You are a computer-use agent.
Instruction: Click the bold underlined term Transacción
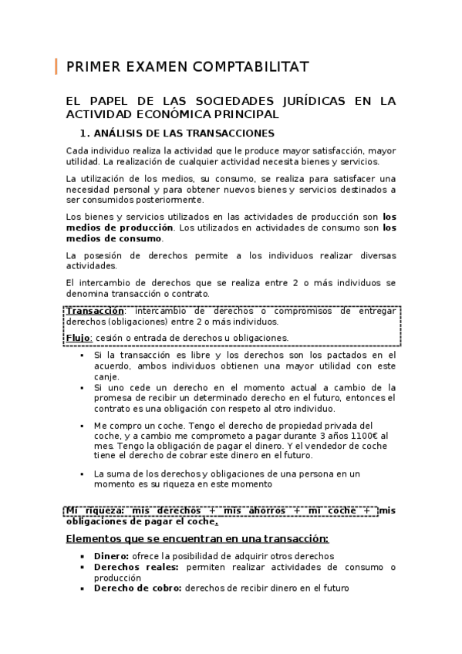pos(95,311)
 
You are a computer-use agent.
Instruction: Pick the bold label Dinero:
pos(112,556)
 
